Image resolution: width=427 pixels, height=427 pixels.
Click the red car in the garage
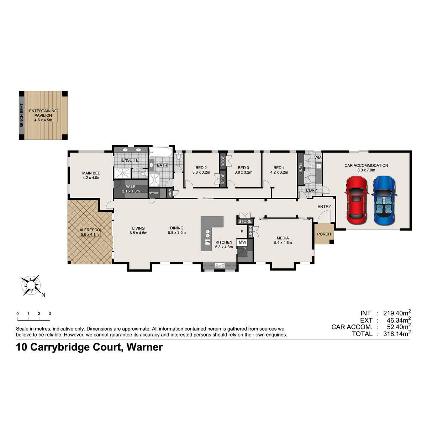pyautogui.click(x=356, y=201)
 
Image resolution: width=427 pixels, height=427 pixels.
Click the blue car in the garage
pyautogui.click(x=384, y=200)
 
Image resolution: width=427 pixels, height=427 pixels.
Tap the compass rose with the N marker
pyautogui.click(x=31, y=285)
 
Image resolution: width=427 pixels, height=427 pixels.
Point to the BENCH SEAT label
pyautogui.click(x=21, y=115)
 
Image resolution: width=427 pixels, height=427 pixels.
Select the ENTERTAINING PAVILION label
pyautogui.click(x=43, y=113)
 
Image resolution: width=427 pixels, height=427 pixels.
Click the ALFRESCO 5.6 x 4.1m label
pyautogui.click(x=90, y=232)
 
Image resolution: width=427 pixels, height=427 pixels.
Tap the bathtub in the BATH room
pyautogui.click(x=160, y=152)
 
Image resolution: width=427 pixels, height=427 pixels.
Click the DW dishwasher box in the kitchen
pyautogui.click(x=207, y=242)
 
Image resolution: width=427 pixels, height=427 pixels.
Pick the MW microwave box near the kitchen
pyautogui.click(x=242, y=242)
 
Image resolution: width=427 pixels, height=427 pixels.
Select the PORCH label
pyautogui.click(x=324, y=234)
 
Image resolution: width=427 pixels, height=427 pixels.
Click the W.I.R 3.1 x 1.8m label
pyautogui.click(x=131, y=189)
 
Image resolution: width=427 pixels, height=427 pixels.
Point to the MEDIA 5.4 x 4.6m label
pyautogui.click(x=283, y=240)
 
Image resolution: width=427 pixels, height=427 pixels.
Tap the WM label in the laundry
pyautogui.click(x=318, y=157)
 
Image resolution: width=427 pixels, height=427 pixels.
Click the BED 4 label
pyautogui.click(x=279, y=168)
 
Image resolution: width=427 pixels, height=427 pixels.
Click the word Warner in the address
pyautogui.click(x=144, y=347)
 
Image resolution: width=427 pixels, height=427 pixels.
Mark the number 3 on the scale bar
pyautogui.click(x=50, y=313)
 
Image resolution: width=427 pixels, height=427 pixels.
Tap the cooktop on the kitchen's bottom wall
pyautogui.click(x=220, y=266)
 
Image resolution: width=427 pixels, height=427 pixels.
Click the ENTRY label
pyautogui.click(x=324, y=206)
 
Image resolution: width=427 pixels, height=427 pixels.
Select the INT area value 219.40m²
pyautogui.click(x=397, y=313)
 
